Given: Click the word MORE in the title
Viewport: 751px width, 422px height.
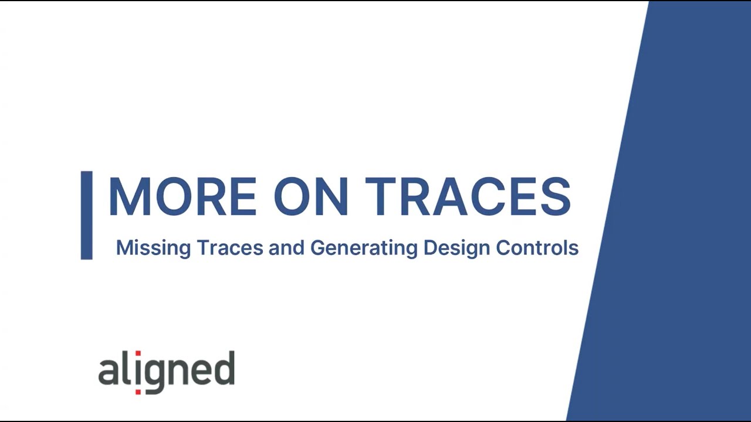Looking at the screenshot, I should [182, 197].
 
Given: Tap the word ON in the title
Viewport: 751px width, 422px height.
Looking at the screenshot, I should [311, 197].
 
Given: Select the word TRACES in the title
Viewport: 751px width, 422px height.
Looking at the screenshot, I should [468, 197].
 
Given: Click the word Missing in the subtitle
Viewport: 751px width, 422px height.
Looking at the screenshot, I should [153, 248].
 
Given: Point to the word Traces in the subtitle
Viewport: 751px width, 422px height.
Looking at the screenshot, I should [229, 248].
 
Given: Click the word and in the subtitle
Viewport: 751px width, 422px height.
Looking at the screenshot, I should [286, 248].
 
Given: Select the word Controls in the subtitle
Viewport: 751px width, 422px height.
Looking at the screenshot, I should [537, 248].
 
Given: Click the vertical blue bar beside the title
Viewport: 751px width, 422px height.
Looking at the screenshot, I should [86, 215].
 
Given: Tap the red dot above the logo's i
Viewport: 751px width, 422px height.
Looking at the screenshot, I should [138, 354].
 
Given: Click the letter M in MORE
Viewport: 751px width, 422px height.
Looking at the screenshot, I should [130, 197].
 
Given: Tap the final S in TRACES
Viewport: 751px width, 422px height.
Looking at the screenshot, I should [555, 197].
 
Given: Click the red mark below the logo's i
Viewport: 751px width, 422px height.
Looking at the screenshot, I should [138, 391].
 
